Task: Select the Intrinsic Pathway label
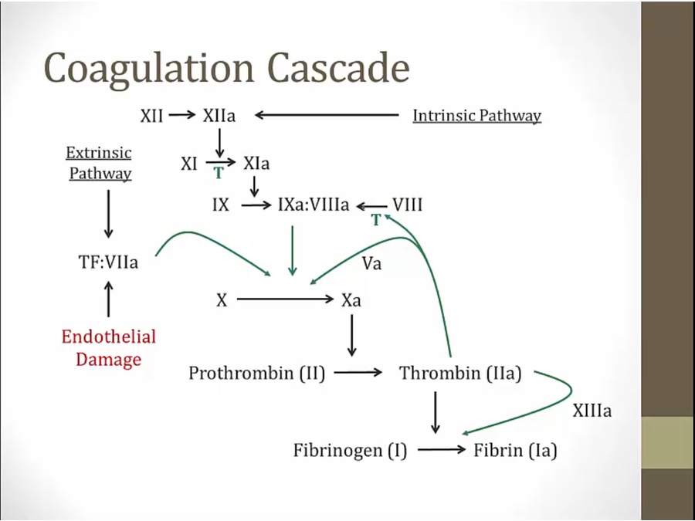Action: [x=476, y=116]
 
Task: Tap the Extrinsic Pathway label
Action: [x=100, y=163]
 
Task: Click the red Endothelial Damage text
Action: [x=109, y=348]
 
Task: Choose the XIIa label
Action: [x=219, y=116]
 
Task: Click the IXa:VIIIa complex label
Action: [x=314, y=206]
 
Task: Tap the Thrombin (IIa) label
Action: [x=460, y=374]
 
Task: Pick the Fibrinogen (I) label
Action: [x=350, y=450]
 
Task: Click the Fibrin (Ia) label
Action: [x=515, y=450]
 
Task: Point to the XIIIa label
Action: [x=592, y=411]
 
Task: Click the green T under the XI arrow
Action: [x=219, y=174]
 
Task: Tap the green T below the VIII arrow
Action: [x=376, y=221]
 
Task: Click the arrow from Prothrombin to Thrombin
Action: [x=358, y=373]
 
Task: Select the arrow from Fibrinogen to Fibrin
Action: [x=442, y=449]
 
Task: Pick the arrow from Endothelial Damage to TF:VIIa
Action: [x=108, y=299]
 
